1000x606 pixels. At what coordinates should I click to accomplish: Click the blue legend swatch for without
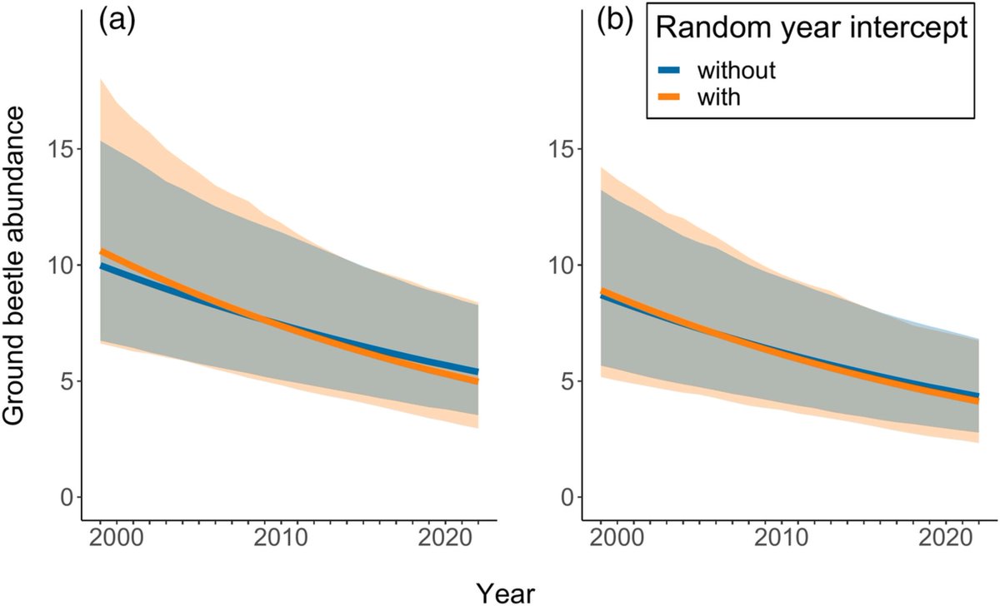(x=672, y=70)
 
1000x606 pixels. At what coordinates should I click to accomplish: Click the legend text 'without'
(x=737, y=70)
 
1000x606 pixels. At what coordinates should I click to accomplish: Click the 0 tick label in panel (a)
(x=64, y=498)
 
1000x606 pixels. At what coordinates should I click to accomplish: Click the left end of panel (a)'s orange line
(x=101, y=251)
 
